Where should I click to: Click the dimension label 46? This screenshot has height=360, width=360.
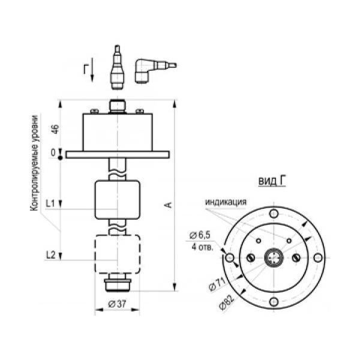[x=56, y=129]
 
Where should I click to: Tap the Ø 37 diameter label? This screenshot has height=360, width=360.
[x=117, y=304]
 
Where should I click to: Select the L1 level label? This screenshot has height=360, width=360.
[x=50, y=203]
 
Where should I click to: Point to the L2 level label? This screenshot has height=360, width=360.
[x=51, y=255]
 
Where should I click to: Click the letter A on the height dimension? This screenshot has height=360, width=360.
[x=169, y=205]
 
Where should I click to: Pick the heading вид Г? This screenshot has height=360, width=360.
[x=272, y=181]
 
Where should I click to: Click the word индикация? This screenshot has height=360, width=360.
[x=226, y=202]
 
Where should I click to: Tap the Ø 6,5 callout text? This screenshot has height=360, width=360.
[x=200, y=235]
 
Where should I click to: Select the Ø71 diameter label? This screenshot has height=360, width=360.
[x=217, y=284]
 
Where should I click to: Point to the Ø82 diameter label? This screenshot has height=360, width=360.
[x=227, y=302]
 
